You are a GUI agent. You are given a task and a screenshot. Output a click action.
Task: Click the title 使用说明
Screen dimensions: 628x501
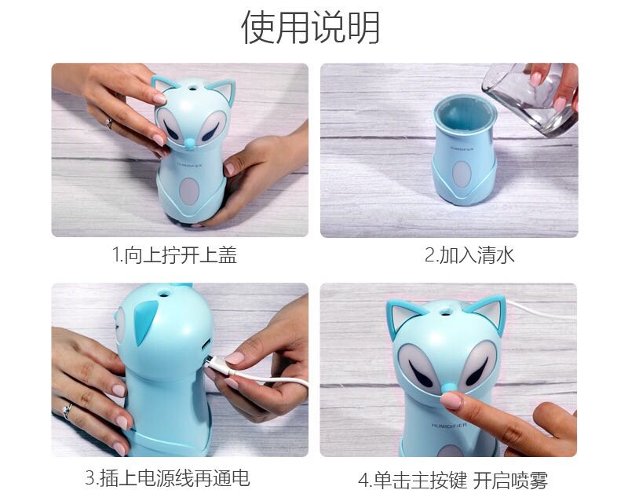tap(310, 27)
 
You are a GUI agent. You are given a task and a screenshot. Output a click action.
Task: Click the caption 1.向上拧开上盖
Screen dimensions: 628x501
tap(174, 255)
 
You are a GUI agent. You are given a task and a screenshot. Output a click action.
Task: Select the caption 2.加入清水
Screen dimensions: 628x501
tap(469, 255)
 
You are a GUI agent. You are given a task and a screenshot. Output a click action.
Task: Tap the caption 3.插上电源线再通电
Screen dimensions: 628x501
tap(167, 477)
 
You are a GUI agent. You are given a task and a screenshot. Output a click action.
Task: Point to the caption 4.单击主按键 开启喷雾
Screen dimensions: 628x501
tap(453, 480)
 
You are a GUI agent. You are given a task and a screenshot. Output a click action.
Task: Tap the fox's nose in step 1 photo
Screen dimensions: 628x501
tap(189, 142)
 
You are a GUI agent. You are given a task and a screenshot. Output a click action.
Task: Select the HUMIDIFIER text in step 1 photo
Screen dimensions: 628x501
tap(190, 164)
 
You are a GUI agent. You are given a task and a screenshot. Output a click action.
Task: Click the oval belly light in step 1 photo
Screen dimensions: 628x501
tap(189, 191)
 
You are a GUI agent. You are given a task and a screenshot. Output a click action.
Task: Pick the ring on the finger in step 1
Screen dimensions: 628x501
tap(109, 123)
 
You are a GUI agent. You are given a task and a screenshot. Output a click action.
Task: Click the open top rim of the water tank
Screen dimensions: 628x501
tap(465, 112)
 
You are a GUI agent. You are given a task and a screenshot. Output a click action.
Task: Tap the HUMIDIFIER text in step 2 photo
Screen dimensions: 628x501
tap(462, 148)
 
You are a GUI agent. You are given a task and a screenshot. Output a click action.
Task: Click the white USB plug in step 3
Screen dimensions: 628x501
tap(219, 367)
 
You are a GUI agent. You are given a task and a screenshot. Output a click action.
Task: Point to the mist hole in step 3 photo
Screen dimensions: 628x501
tap(163, 293)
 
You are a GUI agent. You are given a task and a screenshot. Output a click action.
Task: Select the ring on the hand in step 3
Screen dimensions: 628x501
tap(67, 410)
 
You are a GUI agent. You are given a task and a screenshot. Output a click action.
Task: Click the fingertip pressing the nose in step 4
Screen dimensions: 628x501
tap(450, 400)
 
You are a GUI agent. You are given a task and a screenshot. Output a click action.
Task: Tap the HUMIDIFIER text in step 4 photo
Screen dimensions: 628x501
tap(449, 425)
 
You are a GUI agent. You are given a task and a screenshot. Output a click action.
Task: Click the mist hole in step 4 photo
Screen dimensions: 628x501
tap(445, 310)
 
